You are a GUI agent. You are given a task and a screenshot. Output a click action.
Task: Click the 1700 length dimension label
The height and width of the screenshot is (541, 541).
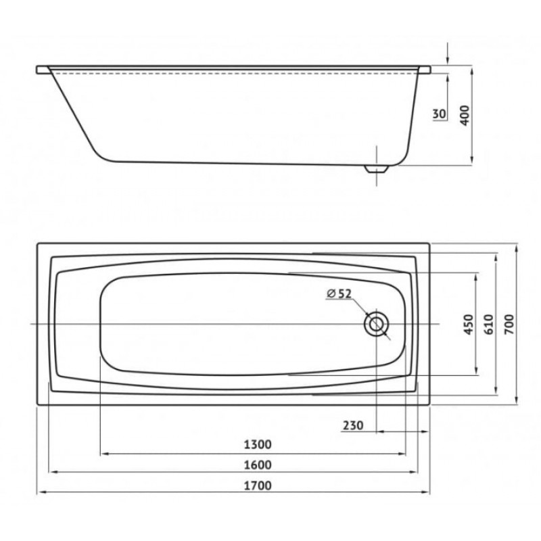point(258,486)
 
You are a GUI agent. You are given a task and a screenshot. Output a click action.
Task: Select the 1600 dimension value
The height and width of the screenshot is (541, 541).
point(258,465)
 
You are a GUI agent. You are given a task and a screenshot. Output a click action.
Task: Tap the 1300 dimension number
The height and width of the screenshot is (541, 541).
point(258,444)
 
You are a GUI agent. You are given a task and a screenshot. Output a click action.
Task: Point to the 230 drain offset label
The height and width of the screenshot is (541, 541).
point(353,425)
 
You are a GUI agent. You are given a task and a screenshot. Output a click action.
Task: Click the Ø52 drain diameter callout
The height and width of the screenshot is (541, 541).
point(339,293)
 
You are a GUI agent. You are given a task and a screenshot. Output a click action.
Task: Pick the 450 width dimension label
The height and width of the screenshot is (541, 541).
point(469,325)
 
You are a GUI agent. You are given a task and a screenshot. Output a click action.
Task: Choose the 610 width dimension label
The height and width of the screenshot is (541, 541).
point(489,325)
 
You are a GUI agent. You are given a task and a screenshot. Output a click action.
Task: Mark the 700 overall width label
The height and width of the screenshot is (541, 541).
point(509,325)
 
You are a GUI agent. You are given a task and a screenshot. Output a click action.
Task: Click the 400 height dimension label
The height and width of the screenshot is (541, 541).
point(465,115)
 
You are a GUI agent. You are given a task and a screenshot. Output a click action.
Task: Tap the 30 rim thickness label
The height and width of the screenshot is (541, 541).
point(439,114)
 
